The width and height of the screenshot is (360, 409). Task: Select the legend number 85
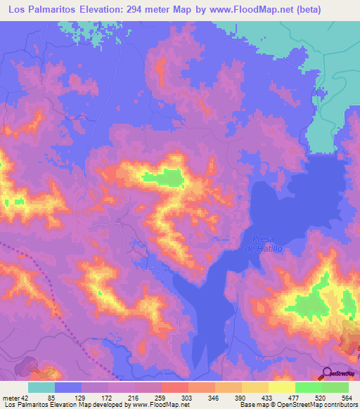pos(58,397)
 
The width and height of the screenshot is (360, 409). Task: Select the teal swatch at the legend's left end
pos(41,387)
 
